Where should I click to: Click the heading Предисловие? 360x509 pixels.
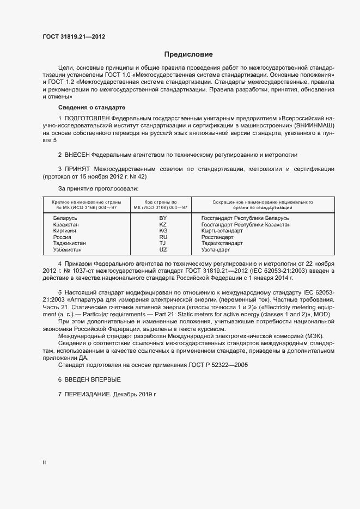pyautogui.click(x=188, y=54)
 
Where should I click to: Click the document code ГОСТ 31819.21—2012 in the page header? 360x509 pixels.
pyautogui.click(x=74, y=37)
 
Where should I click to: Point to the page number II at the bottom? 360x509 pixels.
pyautogui.click(x=44, y=463)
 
